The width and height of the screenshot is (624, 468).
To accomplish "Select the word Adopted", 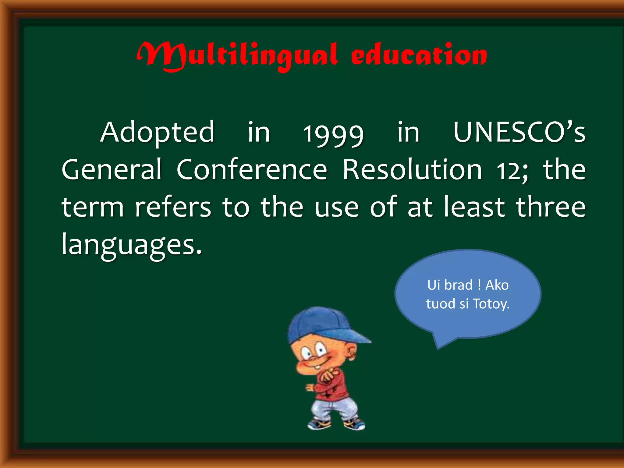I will coord(157,133).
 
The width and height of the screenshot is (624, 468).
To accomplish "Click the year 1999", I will coord(333,134).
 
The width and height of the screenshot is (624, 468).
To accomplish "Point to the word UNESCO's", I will coord(519,133).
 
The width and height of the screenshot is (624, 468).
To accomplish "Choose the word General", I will coord(112,170).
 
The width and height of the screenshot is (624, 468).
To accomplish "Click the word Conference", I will coord(252,170).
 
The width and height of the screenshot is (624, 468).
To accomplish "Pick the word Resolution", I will coord(412,170).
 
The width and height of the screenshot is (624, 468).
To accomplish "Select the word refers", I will coord(173,207).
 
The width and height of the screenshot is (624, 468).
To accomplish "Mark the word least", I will coord(474,207).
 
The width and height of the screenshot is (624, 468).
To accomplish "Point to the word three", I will coord(551,207).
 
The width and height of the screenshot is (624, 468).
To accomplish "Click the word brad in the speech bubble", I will coord(458,285).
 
